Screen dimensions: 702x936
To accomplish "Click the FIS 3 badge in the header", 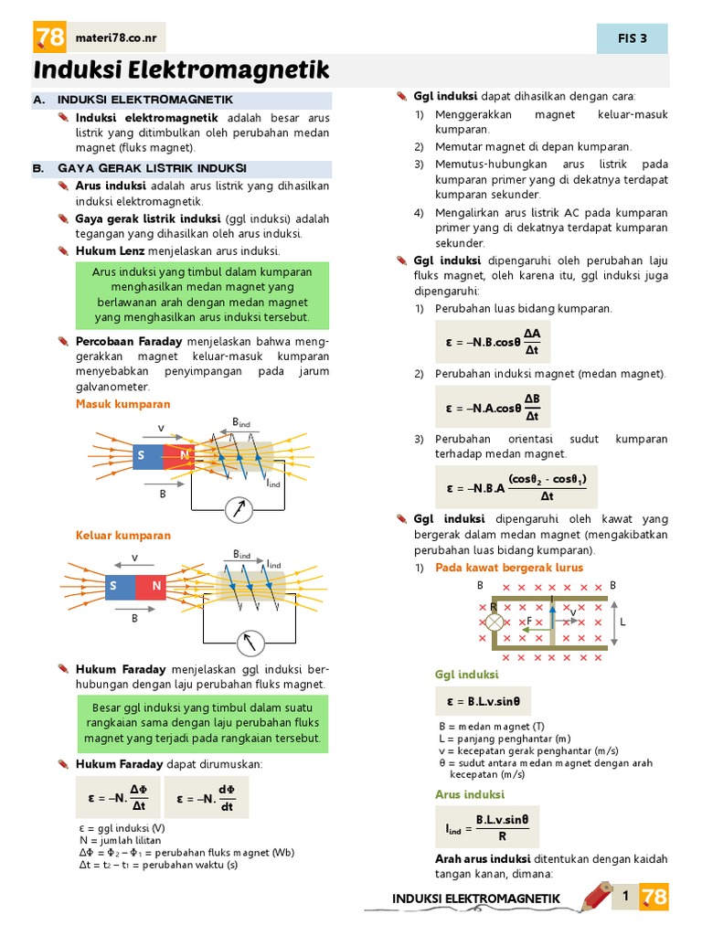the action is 632,38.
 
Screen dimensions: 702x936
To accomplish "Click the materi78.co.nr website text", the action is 112,37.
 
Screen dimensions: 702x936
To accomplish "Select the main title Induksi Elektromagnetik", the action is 181,71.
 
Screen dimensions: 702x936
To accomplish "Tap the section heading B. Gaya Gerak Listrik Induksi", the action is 152,168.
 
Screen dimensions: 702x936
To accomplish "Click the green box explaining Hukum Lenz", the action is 202,295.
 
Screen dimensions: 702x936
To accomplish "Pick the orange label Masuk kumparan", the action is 122,404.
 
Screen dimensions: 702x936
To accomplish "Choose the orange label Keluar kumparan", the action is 122,536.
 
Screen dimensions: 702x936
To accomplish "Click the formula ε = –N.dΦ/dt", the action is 207,798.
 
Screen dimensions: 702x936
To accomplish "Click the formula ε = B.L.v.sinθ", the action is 483,702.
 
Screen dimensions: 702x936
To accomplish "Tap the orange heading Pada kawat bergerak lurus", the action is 509,568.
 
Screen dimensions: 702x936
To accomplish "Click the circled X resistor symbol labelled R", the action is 494,622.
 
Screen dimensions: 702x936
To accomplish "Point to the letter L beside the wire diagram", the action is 622,621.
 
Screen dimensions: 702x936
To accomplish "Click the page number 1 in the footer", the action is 625,897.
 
